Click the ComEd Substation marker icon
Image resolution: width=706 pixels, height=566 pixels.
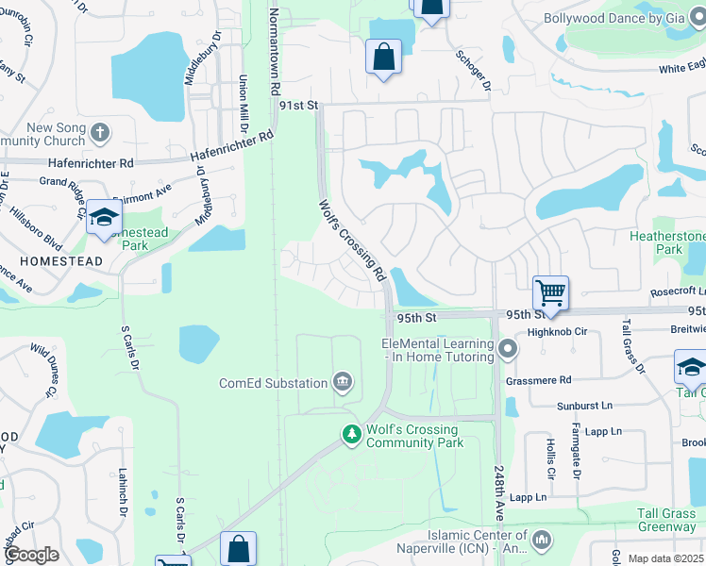pos(342,382)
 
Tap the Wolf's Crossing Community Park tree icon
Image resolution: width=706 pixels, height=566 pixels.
pos(352,434)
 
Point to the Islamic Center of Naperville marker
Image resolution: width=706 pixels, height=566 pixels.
pos(542,540)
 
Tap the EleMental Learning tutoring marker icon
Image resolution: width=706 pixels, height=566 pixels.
pos(508,350)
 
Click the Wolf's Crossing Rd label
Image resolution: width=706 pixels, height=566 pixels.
pos(353,241)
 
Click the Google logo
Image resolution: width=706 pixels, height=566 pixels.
pos(31,554)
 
